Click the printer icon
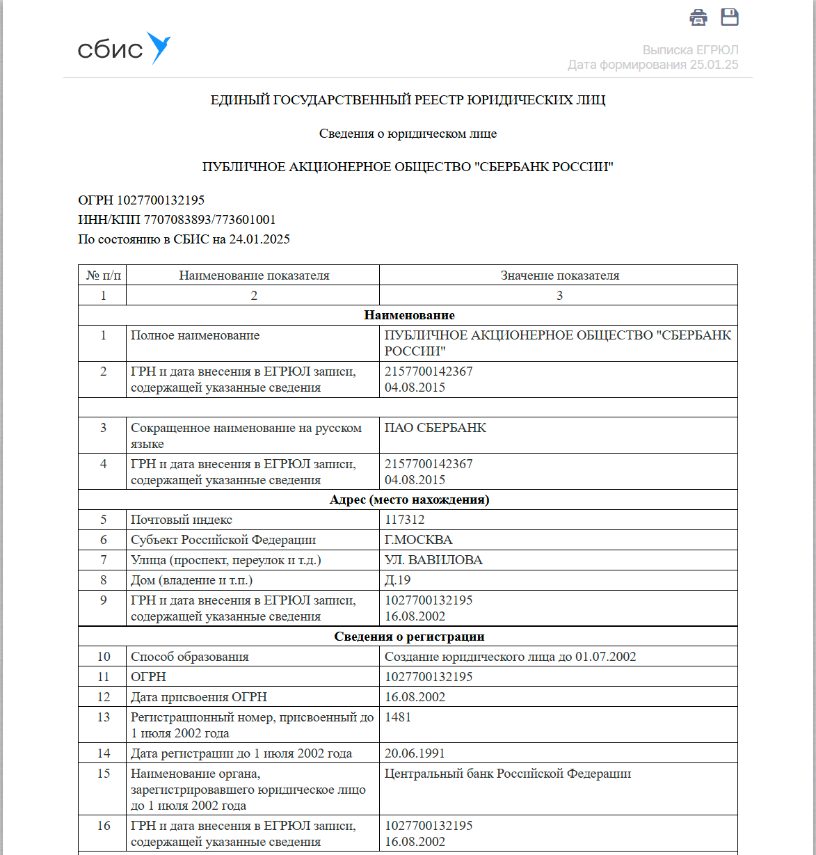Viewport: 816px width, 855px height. [698, 17]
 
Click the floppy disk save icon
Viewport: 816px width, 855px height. [729, 17]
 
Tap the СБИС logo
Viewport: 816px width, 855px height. [124, 49]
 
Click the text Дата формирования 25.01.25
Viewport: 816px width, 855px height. [653, 65]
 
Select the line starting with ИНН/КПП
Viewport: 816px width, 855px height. [177, 220]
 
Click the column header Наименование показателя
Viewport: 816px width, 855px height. [254, 275]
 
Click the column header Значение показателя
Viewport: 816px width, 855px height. [559, 275]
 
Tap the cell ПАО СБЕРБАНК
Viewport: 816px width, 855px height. [435, 428]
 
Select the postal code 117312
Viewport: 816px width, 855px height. [404, 520]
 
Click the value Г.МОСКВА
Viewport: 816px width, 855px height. [418, 540]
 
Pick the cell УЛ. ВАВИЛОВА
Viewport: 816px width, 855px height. [433, 560]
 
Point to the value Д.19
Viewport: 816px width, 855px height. [397, 580]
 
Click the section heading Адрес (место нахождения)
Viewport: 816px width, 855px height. [409, 500]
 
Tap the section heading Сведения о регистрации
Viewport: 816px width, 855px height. [409, 637]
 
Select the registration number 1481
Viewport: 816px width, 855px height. [398, 717]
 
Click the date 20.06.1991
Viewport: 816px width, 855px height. [415, 753]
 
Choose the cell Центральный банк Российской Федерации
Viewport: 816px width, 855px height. [508, 774]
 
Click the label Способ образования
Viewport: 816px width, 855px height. [189, 657]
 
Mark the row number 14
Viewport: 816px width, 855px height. [104, 753]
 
